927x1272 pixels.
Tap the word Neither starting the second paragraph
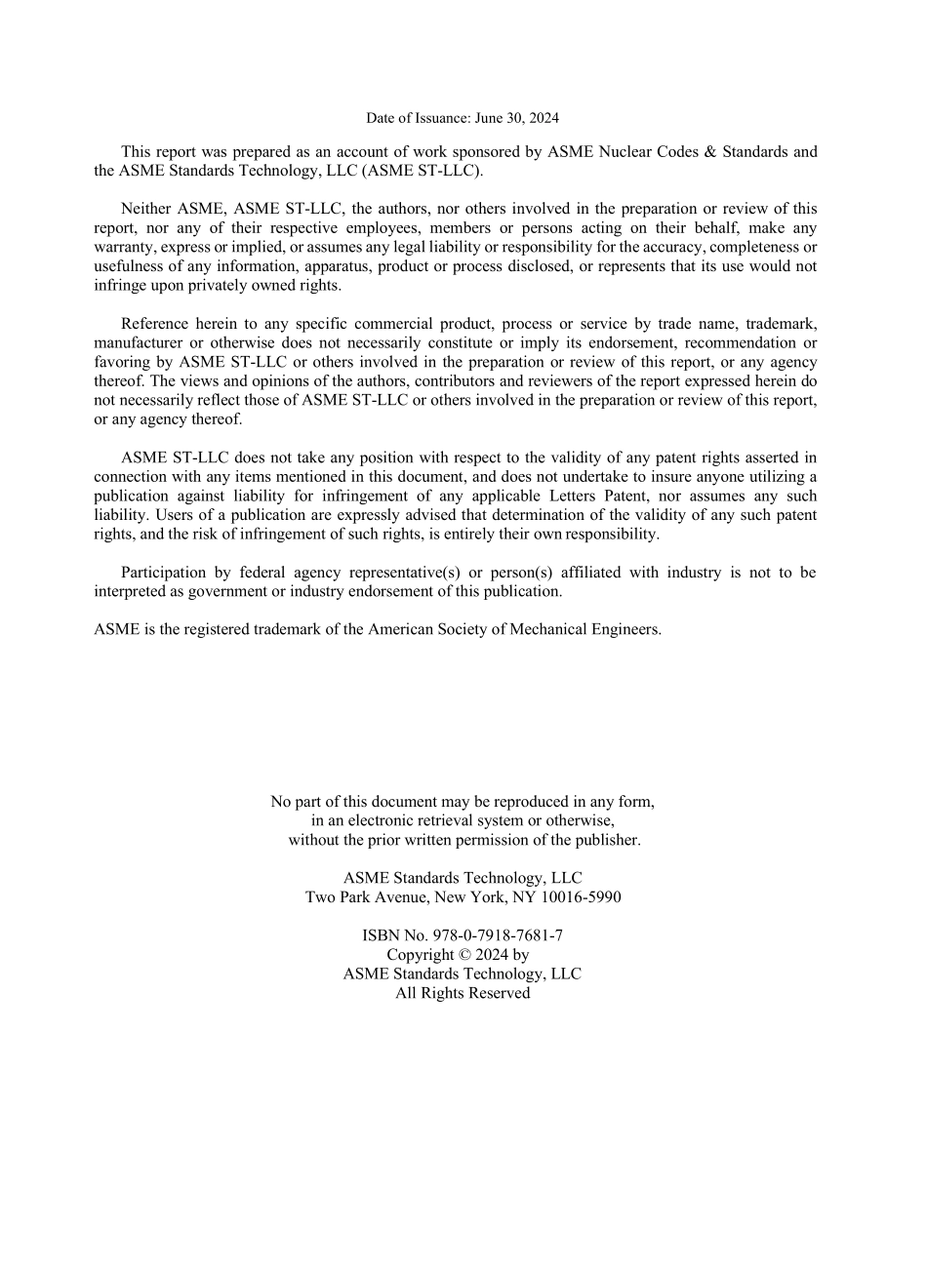coord(144,209)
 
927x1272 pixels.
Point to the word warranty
coord(122,247)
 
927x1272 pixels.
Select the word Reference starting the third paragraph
coord(152,324)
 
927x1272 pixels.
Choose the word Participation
coord(163,573)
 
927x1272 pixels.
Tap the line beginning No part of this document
coord(463,802)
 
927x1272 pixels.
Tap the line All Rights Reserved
coord(463,993)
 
